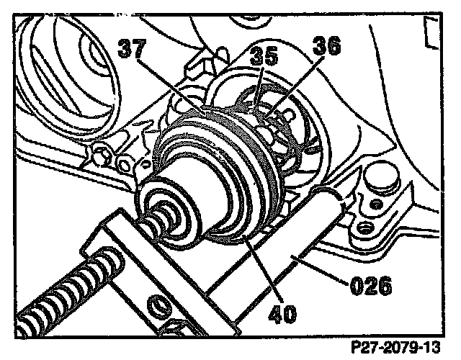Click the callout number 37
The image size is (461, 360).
(132, 48)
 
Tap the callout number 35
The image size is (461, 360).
(264, 56)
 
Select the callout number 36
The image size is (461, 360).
(326, 45)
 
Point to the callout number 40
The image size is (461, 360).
(282, 314)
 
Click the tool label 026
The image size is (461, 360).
(371, 285)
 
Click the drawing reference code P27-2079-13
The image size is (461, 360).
(396, 347)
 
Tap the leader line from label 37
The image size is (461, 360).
(171, 86)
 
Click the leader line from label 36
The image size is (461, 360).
(296, 87)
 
